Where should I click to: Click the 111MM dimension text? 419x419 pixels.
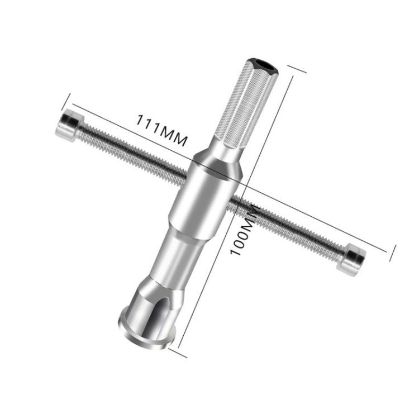click(x=160, y=128)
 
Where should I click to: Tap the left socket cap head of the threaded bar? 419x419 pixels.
click(x=67, y=124)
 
